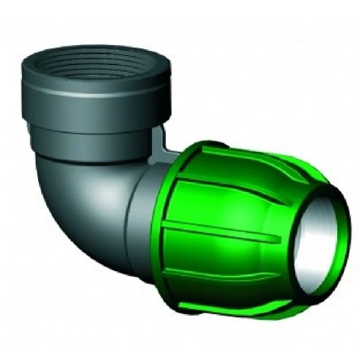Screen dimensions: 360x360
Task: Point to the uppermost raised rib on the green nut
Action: click(252, 154)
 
